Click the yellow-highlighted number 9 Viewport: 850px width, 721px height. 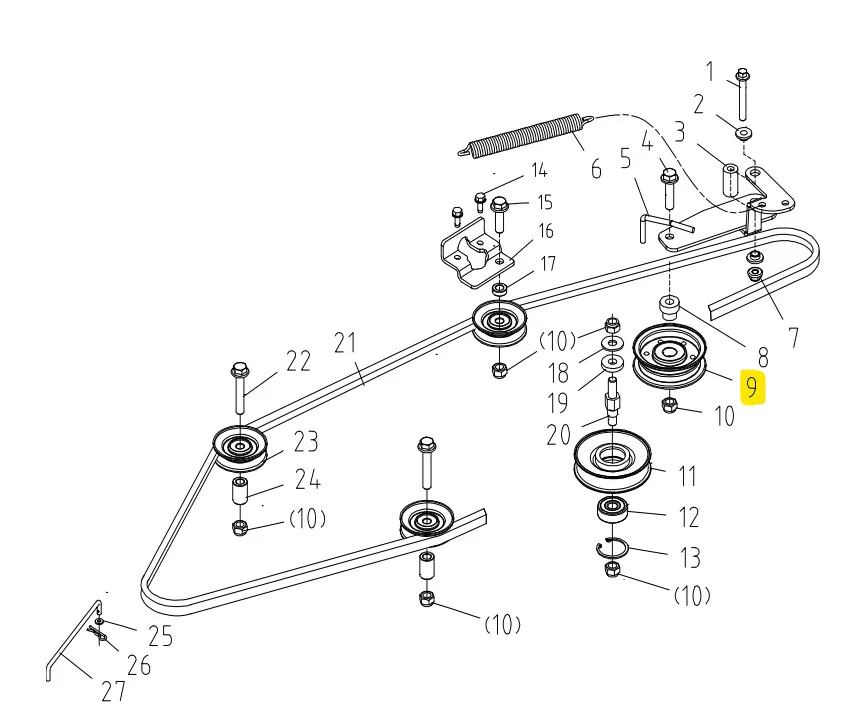coord(752,388)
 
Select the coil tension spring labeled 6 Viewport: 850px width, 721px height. coord(526,135)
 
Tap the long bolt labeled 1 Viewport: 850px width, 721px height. coord(743,95)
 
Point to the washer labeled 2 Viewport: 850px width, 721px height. coord(743,132)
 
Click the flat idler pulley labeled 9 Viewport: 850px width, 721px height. coord(670,356)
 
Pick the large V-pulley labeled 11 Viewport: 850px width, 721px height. coord(612,460)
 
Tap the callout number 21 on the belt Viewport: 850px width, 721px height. coord(345,343)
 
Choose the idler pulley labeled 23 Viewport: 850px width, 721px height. coord(240,448)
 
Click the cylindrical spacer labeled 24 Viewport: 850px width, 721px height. coord(240,491)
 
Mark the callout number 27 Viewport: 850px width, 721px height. coord(113,691)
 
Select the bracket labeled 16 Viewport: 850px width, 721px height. coord(476,253)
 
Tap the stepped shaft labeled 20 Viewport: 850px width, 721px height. coord(612,402)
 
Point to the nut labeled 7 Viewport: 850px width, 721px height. coord(754,274)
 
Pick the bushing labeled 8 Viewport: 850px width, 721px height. coord(669,307)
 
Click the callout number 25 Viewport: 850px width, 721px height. coord(160,636)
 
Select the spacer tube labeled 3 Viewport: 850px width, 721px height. coord(730,181)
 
